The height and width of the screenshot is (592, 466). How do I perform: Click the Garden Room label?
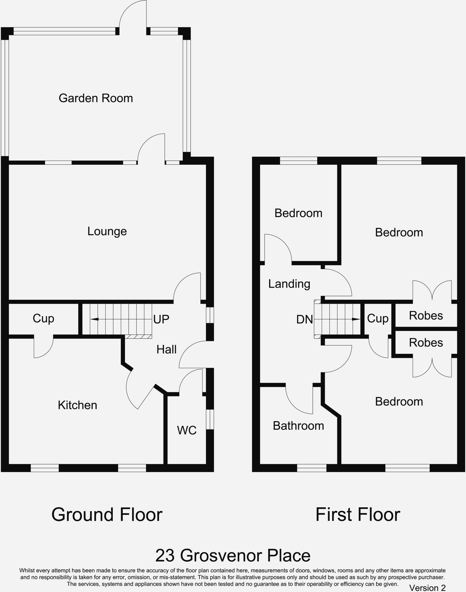pyautogui.click(x=96, y=98)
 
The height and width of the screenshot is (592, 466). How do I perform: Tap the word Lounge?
pyautogui.click(x=107, y=231)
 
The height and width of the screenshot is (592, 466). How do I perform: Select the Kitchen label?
pyautogui.click(x=77, y=405)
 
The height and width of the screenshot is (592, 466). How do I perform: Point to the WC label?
pyautogui.click(x=187, y=430)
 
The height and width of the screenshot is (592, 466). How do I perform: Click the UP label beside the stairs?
pyautogui.click(x=161, y=319)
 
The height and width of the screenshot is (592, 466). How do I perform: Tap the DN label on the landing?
pyautogui.click(x=305, y=319)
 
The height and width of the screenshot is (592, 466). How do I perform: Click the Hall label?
pyautogui.click(x=166, y=349)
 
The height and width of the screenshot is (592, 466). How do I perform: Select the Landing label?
pyautogui.click(x=289, y=284)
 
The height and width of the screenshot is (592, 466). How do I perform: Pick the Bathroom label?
pyautogui.click(x=298, y=426)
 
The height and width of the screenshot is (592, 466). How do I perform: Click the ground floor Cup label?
pyautogui.click(x=43, y=319)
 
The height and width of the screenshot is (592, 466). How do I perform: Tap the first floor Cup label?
pyautogui.click(x=377, y=319)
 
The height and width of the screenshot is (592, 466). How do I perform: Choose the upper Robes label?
pyautogui.click(x=426, y=316)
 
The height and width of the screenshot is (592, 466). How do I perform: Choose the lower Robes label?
pyautogui.click(x=426, y=343)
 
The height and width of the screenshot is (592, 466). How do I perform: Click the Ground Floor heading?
pyautogui.click(x=107, y=515)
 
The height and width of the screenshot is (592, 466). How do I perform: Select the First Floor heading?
pyautogui.click(x=358, y=515)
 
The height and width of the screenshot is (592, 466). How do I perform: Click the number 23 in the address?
pyautogui.click(x=165, y=556)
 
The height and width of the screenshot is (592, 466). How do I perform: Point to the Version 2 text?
pyautogui.click(x=427, y=588)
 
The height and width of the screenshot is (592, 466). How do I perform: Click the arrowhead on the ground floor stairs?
pyautogui.click(x=95, y=319)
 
